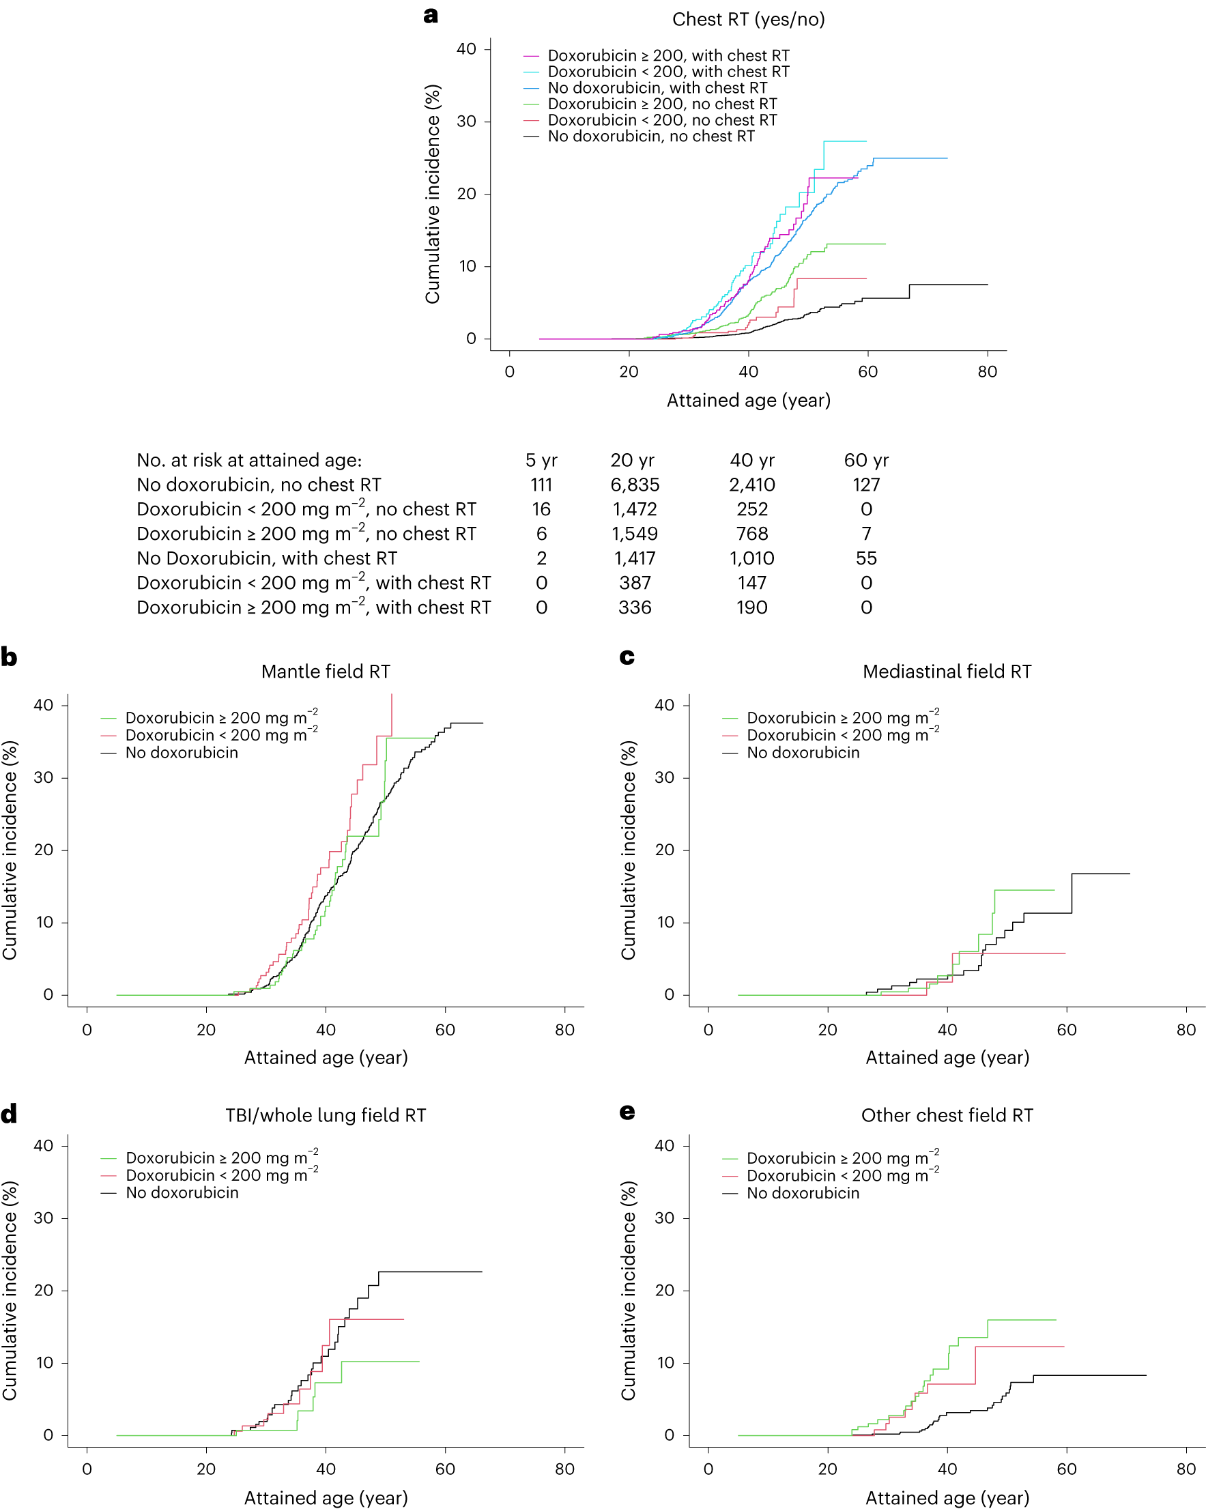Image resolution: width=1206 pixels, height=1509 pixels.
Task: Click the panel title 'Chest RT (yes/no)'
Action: pyautogui.click(x=747, y=20)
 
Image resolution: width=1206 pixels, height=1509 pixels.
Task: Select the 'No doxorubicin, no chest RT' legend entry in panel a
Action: pyautogui.click(x=650, y=136)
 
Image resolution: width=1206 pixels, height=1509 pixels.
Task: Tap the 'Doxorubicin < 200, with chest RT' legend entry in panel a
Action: pyautogui.click(x=667, y=72)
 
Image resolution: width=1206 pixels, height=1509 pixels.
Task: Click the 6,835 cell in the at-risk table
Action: pyautogui.click(x=634, y=485)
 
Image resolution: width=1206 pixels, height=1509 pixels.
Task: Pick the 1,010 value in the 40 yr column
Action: pyautogui.click(x=751, y=558)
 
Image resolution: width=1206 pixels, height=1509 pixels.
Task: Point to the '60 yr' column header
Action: pyautogui.click(x=865, y=460)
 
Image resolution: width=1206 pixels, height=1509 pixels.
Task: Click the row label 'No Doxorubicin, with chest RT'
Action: pyautogui.click(x=267, y=558)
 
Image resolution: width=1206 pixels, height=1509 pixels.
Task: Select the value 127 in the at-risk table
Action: pyautogui.click(x=865, y=485)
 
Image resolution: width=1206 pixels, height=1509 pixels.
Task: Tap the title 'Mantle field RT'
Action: pyautogui.click(x=326, y=671)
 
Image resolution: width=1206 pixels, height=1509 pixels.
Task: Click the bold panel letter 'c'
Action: pyautogui.click(x=627, y=657)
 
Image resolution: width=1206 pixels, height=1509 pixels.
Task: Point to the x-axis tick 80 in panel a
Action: pyautogui.click(x=986, y=372)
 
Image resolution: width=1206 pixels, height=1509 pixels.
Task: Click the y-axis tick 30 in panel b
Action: pyautogui.click(x=44, y=777)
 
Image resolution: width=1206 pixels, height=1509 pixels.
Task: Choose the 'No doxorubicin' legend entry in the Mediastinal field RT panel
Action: pyautogui.click(x=802, y=752)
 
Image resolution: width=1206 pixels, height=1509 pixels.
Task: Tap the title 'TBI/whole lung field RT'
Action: pyautogui.click(x=326, y=1115)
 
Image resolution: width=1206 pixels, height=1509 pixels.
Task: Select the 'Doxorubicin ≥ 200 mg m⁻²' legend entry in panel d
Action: pyautogui.click(x=221, y=1158)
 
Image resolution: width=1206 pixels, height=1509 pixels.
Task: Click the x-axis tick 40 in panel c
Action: pyautogui.click(x=947, y=1030)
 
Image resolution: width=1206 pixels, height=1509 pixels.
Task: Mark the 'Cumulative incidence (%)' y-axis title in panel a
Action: pyautogui.click(x=433, y=195)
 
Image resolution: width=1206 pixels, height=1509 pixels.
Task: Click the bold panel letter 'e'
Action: pyautogui.click(x=627, y=1112)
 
